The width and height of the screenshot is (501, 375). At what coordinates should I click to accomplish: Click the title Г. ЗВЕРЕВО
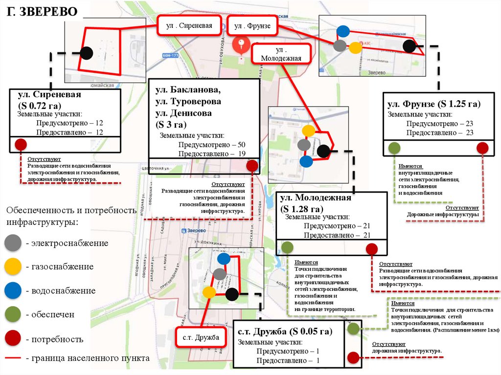pos(42,12)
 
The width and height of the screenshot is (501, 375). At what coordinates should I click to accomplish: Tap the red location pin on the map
pos(241,44)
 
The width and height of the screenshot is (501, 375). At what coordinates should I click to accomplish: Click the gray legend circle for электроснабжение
pos(13,243)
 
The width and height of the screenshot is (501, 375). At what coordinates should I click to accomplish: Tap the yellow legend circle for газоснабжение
pos(13,266)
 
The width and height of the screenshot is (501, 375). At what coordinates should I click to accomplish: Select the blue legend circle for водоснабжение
pos(13,290)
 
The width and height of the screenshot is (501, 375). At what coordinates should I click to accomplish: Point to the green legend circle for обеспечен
pos(13,314)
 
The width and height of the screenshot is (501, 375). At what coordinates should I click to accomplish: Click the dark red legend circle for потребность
pos(13,338)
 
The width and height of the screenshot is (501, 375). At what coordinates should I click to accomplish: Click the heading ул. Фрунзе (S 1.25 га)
pos(433,104)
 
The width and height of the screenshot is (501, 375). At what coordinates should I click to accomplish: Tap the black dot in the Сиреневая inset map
pos(87,53)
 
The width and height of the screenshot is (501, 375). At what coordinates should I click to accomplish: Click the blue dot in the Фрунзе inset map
pos(343,31)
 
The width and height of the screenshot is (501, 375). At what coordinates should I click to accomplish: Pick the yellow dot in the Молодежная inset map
pos(308,131)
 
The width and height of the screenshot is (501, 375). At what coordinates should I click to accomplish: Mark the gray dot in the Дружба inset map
pos(220,274)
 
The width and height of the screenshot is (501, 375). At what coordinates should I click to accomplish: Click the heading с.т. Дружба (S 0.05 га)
pos(285,332)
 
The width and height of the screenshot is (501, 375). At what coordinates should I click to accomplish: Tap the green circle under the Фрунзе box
pos(394,148)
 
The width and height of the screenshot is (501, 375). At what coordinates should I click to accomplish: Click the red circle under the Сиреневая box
pos(21,145)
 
